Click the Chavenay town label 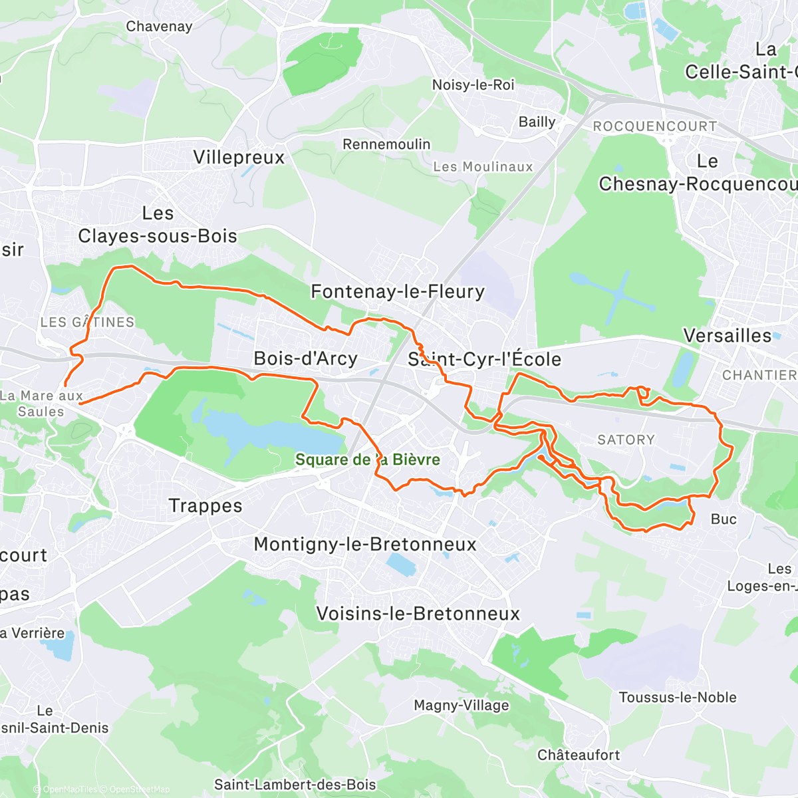(159, 27)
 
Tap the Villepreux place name (239, 158)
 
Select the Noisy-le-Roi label (473, 85)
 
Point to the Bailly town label (537, 122)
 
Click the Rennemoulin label (386, 144)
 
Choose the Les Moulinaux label (483, 167)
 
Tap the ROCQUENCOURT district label (655, 126)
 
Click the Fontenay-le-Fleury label (398, 291)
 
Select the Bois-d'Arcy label (306, 358)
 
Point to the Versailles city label (728, 336)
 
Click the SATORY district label (626, 440)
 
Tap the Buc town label (724, 519)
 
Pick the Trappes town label (205, 506)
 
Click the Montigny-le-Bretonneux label (365, 545)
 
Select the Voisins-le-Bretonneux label (418, 614)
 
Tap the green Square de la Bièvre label (367, 460)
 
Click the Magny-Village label (461, 706)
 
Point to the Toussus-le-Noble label (678, 698)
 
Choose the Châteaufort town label (579, 755)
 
